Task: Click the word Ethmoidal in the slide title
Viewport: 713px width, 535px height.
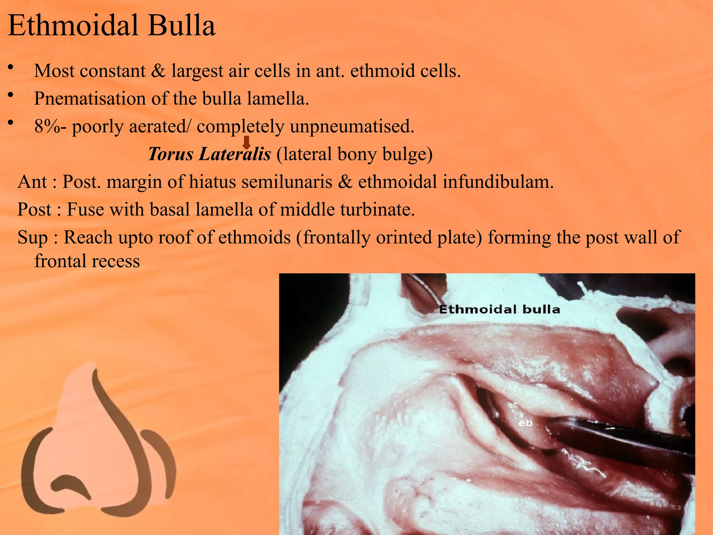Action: click(x=73, y=25)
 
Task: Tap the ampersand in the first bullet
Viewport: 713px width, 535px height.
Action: click(x=158, y=71)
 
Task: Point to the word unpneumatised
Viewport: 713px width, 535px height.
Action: click(x=352, y=126)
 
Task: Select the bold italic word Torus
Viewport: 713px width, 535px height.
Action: click(x=170, y=154)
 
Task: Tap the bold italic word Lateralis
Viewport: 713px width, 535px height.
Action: click(x=235, y=154)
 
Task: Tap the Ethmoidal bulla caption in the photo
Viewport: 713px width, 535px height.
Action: click(x=499, y=309)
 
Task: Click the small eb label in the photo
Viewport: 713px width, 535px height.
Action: click(x=525, y=423)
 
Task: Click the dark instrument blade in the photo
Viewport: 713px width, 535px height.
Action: click(x=620, y=437)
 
